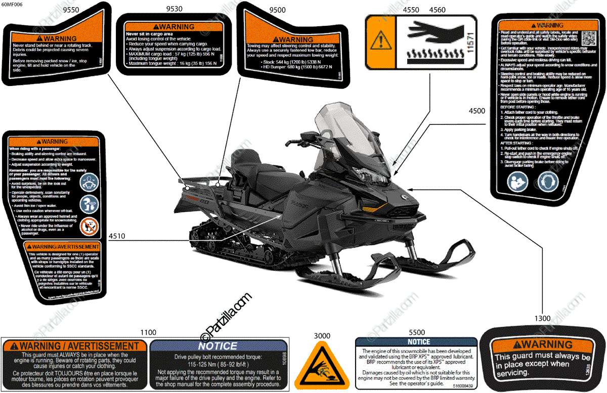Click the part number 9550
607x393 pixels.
click(71, 10)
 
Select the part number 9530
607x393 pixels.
click(176, 10)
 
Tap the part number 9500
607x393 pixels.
click(277, 10)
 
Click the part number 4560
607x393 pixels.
click(437, 10)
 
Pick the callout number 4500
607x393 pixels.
click(476, 111)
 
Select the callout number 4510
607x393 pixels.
click(118, 235)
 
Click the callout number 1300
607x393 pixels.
click(542, 318)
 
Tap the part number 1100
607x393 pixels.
click(148, 332)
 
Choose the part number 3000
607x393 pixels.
click(322, 335)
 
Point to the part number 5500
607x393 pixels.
click(417, 332)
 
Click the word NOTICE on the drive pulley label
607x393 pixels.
click(217, 346)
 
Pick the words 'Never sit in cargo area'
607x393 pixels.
click(149, 33)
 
